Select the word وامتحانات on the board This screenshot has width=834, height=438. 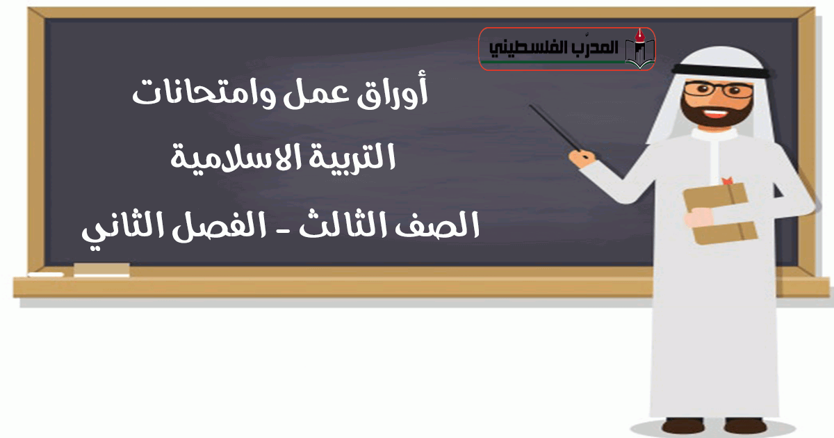[204, 93]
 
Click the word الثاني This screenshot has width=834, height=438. [123, 227]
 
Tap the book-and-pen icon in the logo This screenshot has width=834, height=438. [639, 49]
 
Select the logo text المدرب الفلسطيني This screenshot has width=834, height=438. [553, 48]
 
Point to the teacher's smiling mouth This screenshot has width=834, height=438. [715, 113]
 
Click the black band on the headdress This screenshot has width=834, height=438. [721, 71]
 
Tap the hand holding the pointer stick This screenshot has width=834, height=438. [582, 159]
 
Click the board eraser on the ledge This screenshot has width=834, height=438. [101, 270]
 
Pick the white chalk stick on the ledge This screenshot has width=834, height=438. [46, 275]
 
